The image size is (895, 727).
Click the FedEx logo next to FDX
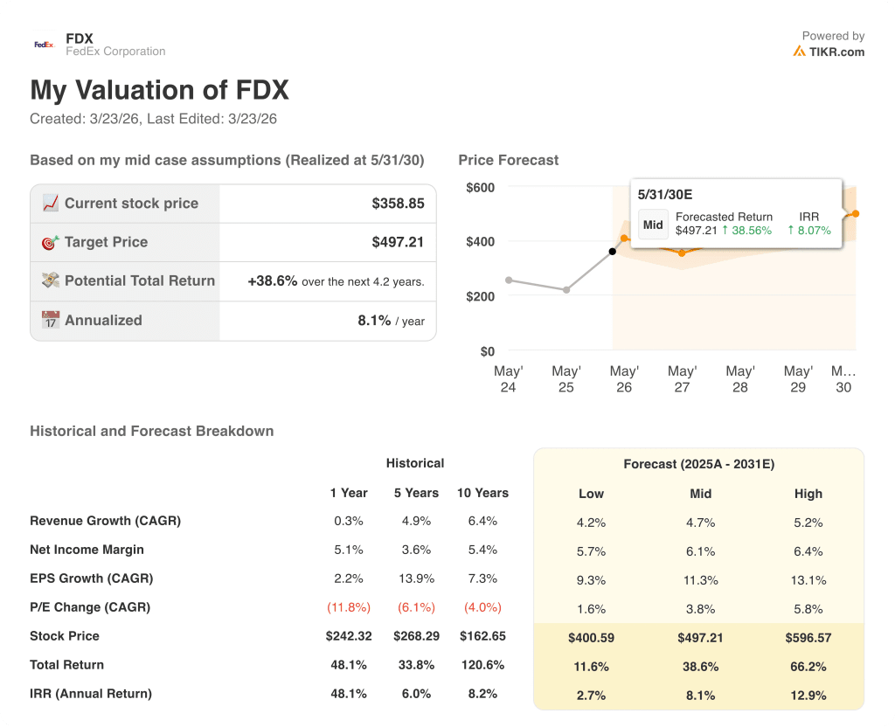[x=43, y=44]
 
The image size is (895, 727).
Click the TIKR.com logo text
[x=836, y=52]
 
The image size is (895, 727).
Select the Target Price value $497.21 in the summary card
[x=398, y=242]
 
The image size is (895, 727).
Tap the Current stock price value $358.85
[x=398, y=204]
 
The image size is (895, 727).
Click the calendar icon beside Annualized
[x=51, y=320]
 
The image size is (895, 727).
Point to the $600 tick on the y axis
[x=480, y=187]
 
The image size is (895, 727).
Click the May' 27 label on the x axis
[x=682, y=378]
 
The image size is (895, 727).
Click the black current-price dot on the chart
[x=612, y=252]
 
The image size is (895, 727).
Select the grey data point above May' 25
[x=566, y=289]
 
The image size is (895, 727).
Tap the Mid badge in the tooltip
[x=653, y=225]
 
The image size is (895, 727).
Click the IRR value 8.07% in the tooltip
[x=814, y=231]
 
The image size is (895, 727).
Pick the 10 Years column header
[x=482, y=493]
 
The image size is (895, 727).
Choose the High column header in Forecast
[x=808, y=494]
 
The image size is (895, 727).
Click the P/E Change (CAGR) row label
[x=90, y=607]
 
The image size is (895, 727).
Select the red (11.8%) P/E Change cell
[x=348, y=607]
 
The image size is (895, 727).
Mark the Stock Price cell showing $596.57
[x=808, y=638]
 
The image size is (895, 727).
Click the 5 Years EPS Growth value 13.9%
[x=415, y=578]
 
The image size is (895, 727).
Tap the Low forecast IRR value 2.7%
[x=591, y=695]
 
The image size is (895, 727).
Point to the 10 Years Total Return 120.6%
[x=482, y=665]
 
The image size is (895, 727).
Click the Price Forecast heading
[x=508, y=160]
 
